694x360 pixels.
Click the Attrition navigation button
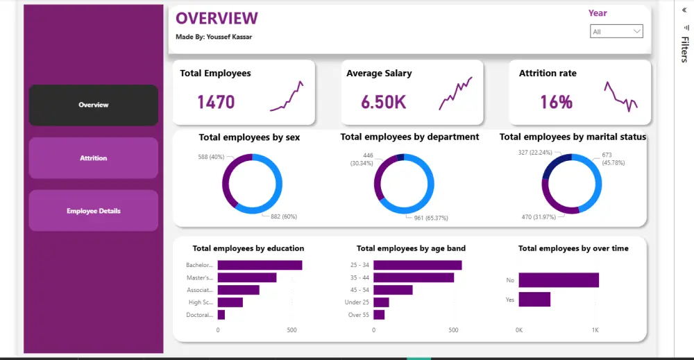click(x=93, y=158)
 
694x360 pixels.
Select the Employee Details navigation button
click(x=93, y=211)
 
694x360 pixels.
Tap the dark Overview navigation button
click(x=93, y=105)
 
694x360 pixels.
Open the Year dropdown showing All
click(x=616, y=31)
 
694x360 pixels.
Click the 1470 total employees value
click(x=216, y=103)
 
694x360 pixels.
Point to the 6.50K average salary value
click(x=383, y=103)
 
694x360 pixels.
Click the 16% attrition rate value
click(x=556, y=103)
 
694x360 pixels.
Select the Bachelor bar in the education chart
click(x=260, y=265)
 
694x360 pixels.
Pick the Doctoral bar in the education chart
click(x=221, y=315)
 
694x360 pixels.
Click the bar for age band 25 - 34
click(x=417, y=265)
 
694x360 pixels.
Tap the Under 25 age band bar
click(x=381, y=302)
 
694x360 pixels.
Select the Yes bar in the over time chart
click(x=534, y=299)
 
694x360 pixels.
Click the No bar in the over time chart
click(x=558, y=280)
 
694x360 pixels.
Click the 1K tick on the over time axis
click(x=595, y=330)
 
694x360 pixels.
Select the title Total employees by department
click(x=409, y=137)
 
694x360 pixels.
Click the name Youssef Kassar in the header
click(x=229, y=37)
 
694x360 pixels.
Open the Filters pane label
click(x=684, y=51)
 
